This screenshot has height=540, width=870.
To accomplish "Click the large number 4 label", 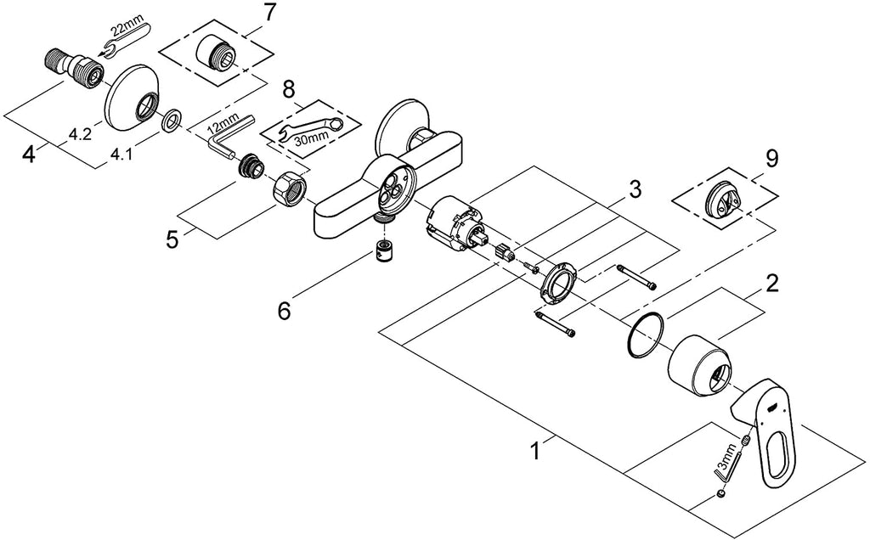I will (31, 155).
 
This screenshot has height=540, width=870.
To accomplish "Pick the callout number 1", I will (534, 451).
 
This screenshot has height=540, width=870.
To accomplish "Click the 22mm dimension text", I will (124, 32).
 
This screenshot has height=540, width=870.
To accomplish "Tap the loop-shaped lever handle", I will (773, 442).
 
